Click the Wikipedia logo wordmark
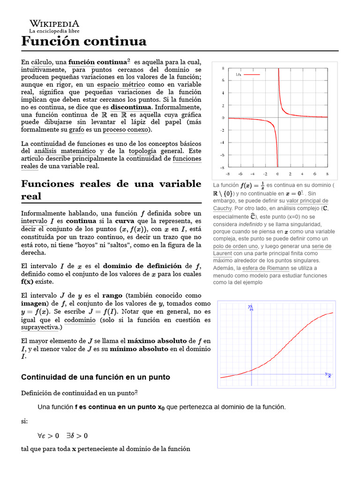click(x=54, y=24)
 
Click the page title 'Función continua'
click(x=84, y=41)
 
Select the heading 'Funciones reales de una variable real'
click(x=111, y=189)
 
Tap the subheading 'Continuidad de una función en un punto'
click(x=96, y=377)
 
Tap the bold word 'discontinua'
click(x=131, y=107)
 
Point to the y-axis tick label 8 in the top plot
click(x=223, y=68)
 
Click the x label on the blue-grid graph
click(x=329, y=375)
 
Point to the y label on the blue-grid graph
click(x=251, y=307)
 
